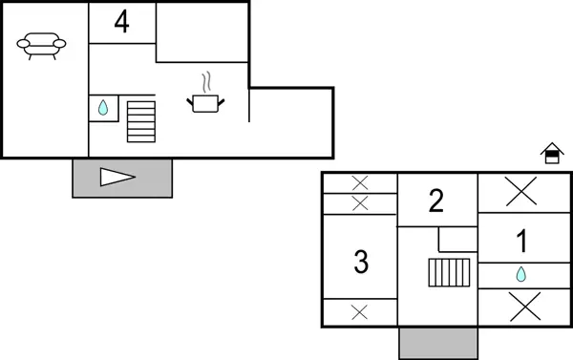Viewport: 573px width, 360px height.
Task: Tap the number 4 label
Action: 121,22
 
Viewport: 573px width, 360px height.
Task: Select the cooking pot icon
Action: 206,101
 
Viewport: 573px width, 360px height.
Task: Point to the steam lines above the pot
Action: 206,81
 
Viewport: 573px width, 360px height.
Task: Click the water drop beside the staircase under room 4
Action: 103,108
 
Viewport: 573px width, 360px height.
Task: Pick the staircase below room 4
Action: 140,120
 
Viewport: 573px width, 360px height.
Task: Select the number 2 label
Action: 436,201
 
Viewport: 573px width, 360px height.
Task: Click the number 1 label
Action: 521,242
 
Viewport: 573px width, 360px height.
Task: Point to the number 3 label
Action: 361,261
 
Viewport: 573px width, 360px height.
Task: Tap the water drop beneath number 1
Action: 520,275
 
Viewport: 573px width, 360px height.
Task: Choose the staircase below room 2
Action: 446,275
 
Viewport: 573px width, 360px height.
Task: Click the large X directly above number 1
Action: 520,192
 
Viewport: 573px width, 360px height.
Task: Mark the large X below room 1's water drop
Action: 520,307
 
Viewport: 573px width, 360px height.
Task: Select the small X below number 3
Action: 360,311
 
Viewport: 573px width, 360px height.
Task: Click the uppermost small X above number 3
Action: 360,182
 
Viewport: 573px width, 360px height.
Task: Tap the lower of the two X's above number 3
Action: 360,202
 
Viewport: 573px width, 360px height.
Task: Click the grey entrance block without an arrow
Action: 437,342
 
